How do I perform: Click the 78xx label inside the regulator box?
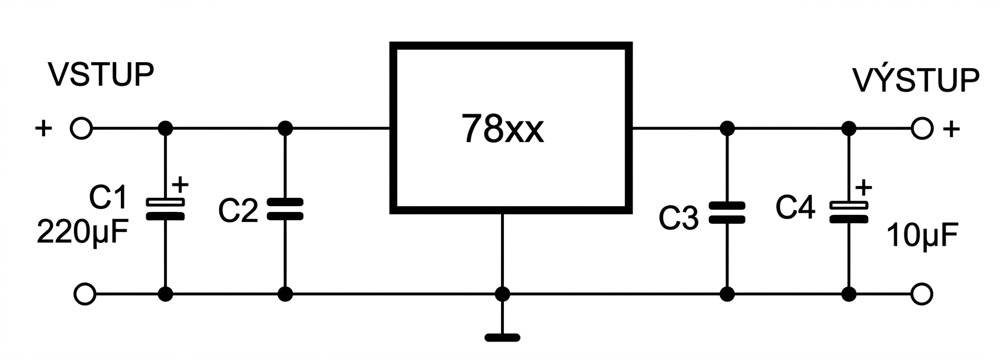[x=502, y=128]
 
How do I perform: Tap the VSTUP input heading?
[x=101, y=75]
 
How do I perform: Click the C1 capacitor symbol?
[x=165, y=209]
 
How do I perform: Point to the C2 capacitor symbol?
[x=285, y=209]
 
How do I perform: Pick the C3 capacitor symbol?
[x=727, y=213]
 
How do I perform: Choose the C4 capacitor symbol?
[x=849, y=212]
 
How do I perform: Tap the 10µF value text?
[x=923, y=235]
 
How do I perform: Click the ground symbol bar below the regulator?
[x=502, y=337]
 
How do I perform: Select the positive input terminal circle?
[x=81, y=128]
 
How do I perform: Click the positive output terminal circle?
[x=922, y=128]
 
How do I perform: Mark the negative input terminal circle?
[x=85, y=294]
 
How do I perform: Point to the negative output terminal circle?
[x=921, y=294]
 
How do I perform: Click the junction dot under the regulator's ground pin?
[x=502, y=294]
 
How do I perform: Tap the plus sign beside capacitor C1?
[x=180, y=184]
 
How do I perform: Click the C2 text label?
[x=238, y=210]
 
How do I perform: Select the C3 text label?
[x=679, y=217]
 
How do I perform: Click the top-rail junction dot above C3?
[x=727, y=128]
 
